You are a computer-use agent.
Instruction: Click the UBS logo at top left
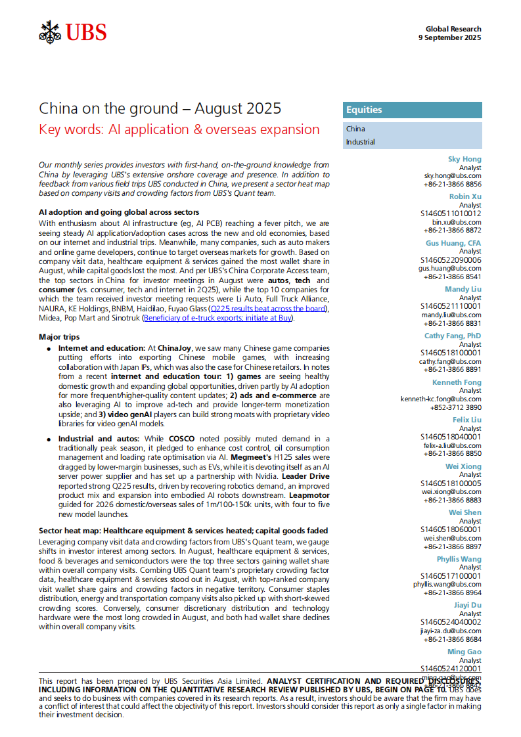(x=72, y=32)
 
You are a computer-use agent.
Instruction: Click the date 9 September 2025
(x=449, y=37)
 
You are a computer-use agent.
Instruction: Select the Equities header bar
(x=412, y=110)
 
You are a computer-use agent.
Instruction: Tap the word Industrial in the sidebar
(x=361, y=142)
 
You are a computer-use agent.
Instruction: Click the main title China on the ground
(x=160, y=108)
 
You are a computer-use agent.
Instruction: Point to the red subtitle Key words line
(x=179, y=129)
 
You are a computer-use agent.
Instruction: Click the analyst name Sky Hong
(x=464, y=159)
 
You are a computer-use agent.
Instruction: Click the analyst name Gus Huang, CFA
(x=453, y=243)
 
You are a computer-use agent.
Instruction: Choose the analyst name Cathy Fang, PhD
(x=453, y=336)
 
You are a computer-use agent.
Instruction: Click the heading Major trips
(x=59, y=336)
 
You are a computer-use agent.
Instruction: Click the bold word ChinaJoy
(x=175, y=347)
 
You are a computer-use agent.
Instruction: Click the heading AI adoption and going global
(x=118, y=213)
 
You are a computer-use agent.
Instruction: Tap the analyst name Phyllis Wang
(x=459, y=559)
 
